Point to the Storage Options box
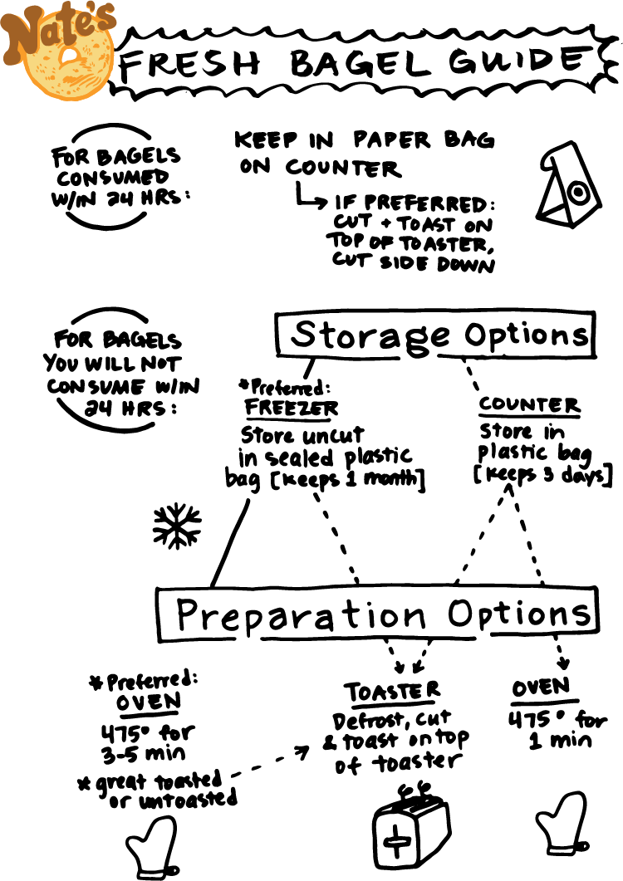coord(434,335)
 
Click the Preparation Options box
coord(376,614)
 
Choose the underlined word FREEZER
coord(292,408)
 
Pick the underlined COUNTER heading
coord(529,406)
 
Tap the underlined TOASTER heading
coord(393,692)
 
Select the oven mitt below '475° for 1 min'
coord(561,823)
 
